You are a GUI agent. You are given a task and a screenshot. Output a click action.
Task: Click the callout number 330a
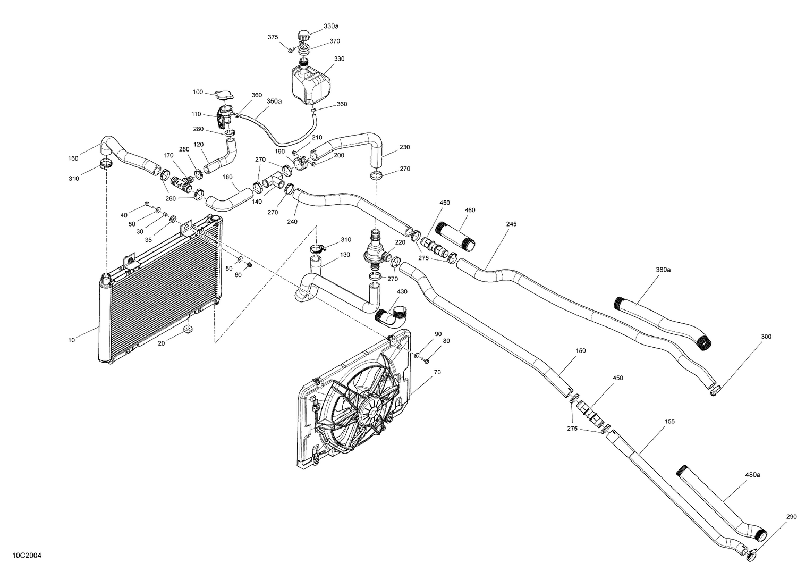(330, 26)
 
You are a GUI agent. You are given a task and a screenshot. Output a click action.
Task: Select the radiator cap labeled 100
(222, 95)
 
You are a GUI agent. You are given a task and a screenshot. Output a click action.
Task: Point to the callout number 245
(511, 224)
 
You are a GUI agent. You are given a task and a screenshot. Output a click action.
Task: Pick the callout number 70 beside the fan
(437, 372)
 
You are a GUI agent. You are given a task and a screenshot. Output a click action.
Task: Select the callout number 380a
(663, 270)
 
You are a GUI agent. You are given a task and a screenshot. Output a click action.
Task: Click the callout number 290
(791, 517)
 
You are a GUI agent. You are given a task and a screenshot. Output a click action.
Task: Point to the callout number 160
(73, 158)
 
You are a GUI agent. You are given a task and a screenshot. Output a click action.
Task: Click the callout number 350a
(274, 101)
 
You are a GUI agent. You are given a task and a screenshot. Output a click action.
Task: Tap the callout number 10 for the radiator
(72, 340)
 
